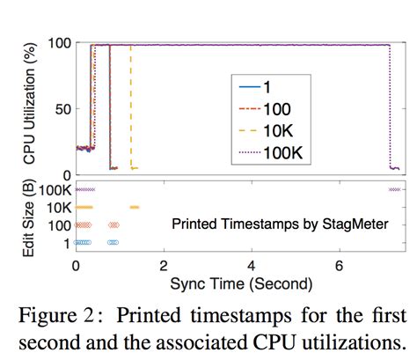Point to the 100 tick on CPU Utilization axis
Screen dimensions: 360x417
pos(57,44)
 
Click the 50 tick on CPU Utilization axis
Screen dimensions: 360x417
pos(61,109)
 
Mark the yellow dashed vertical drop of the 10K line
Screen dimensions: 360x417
pos(131,106)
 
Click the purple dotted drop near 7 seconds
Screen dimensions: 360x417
pos(390,106)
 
